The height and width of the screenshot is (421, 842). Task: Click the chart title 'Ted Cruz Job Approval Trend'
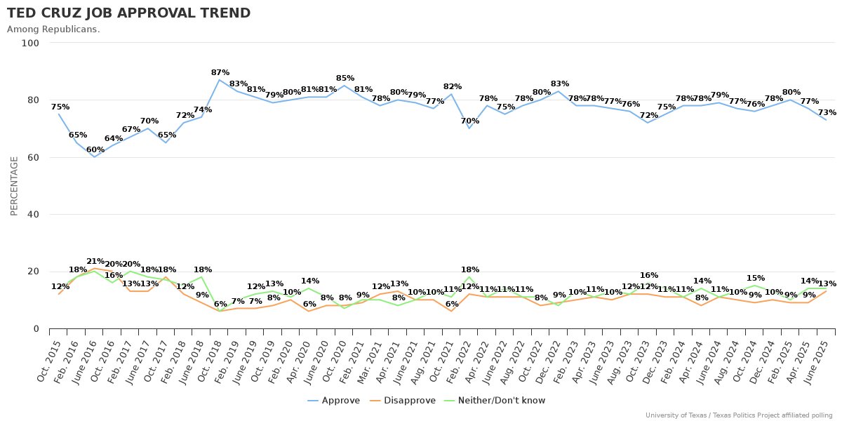point(128,13)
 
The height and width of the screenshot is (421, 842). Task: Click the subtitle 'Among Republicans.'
point(53,29)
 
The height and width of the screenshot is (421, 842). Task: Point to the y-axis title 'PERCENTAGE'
point(14,185)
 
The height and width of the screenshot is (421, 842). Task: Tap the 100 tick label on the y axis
point(30,43)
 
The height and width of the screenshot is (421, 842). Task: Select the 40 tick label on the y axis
point(33,215)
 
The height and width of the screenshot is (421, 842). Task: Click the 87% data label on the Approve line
point(220,73)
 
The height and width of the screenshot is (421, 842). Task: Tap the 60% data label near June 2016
point(95,150)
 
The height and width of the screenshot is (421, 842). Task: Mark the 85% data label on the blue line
point(345,79)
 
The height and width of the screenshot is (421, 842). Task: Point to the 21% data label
point(95,261)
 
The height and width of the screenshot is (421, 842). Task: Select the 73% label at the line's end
point(827,113)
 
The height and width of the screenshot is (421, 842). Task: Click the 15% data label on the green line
point(755,279)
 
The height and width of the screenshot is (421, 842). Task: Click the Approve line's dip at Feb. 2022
point(469,128)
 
